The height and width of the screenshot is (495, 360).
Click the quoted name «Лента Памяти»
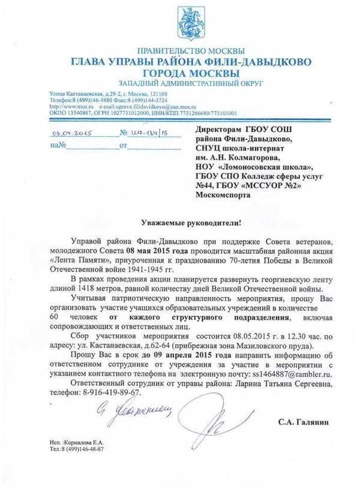coord(73,260)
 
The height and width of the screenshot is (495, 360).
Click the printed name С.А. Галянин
coord(303,422)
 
